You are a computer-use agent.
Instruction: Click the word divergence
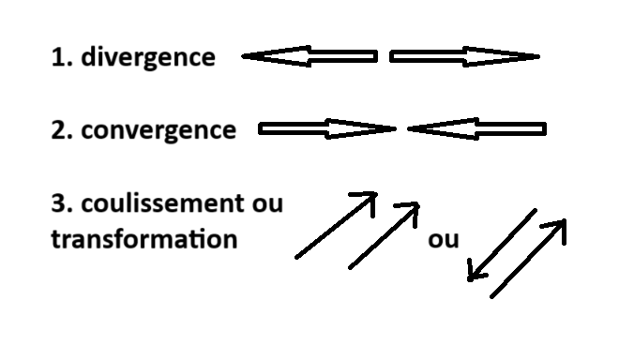coord(147,57)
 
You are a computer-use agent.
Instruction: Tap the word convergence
coord(159,129)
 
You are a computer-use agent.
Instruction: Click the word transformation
coord(143,238)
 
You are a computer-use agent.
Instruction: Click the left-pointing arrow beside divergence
coord(309,57)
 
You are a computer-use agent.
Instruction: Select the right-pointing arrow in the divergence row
coord(464,57)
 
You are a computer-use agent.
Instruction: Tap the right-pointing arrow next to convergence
coord(326,129)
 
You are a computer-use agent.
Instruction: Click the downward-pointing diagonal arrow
coord(502,245)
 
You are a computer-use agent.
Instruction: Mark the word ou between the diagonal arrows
coord(443,239)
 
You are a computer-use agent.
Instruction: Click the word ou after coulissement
coord(267,202)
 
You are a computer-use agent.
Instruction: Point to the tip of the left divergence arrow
coord(244,57)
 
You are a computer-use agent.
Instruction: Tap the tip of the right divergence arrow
coord(537,57)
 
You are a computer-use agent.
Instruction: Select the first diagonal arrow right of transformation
coord(336,225)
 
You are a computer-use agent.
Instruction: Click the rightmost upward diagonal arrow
coord(529,259)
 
